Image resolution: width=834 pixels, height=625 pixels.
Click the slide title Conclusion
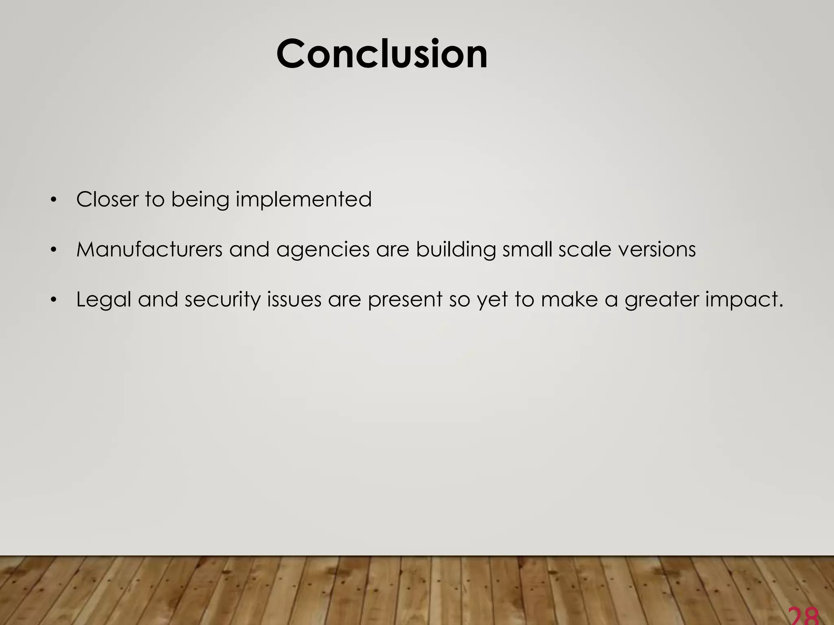coord(382,54)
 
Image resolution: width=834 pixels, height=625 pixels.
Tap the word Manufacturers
coord(149,249)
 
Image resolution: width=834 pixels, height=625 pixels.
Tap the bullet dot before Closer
coord(53,200)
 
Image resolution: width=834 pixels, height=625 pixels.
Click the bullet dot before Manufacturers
coord(53,250)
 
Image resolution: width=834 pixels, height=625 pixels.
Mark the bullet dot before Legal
coord(53,300)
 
